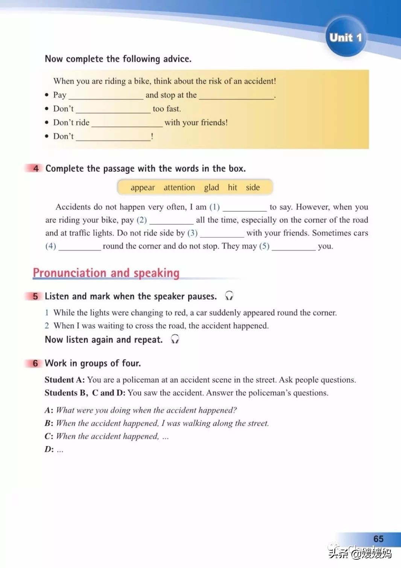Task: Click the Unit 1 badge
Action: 345,37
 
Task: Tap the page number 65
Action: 378,539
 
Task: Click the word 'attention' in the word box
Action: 179,187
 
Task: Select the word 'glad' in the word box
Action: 211,187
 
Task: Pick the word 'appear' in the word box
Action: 143,187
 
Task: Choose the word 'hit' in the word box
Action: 232,187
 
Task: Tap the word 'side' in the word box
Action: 253,187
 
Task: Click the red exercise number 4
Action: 36,168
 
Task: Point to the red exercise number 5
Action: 35,296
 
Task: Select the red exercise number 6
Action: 35,363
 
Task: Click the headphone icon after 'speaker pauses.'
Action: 229,296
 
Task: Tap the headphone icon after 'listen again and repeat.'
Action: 175,339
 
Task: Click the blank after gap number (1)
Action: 245,208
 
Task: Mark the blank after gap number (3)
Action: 222,234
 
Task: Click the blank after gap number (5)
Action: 293,247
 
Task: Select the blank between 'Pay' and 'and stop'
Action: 106,96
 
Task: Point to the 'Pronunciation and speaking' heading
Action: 106,273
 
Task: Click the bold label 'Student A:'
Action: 65,380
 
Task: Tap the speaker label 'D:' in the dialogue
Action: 49,449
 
